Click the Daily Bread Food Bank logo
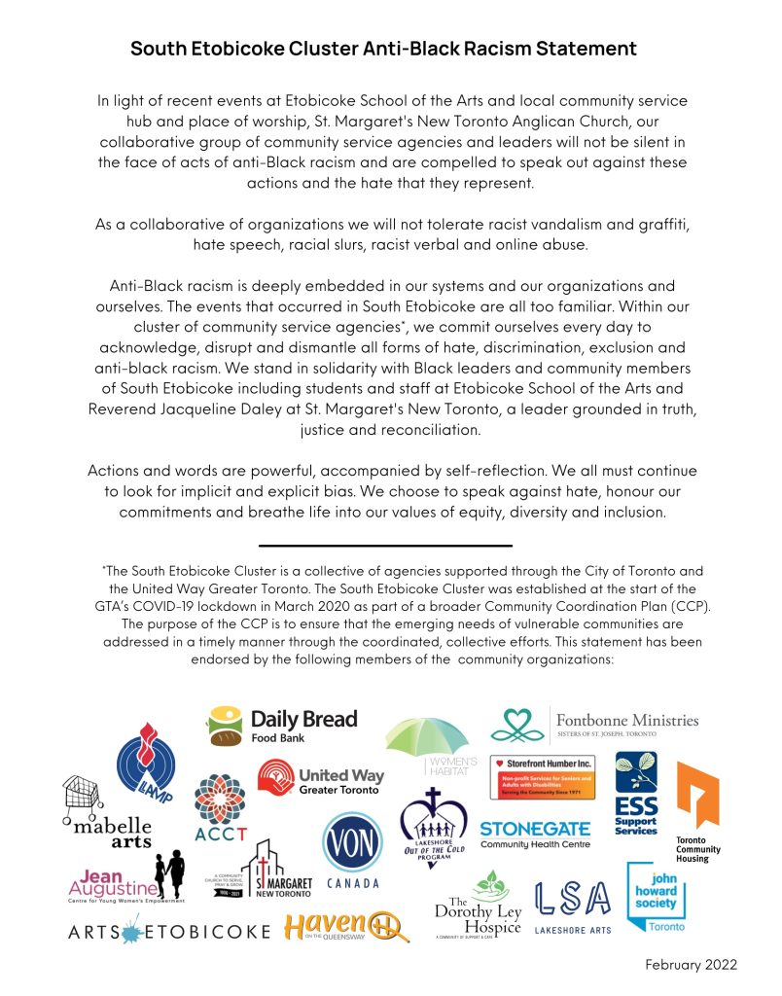282,725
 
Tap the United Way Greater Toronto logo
320,781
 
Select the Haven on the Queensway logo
349,928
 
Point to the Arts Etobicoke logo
168,931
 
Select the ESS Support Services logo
637,793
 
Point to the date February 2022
691,964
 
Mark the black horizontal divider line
385,546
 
